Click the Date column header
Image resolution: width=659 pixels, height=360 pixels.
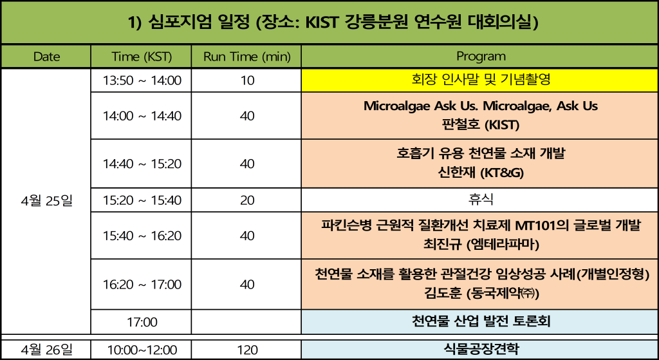[46, 57]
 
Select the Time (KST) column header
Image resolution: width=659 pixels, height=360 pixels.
[142, 57]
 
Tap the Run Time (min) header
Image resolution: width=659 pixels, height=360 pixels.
[246, 57]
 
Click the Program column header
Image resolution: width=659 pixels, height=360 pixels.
[481, 56]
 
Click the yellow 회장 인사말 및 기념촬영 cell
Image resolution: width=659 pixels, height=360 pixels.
[480, 80]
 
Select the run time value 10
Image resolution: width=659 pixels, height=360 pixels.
[248, 81]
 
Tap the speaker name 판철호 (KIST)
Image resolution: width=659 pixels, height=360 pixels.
[481, 125]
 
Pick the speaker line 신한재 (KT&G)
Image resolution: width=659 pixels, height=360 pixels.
[481, 173]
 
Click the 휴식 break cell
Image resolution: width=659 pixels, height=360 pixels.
[480, 200]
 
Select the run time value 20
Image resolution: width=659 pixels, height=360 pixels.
[248, 200]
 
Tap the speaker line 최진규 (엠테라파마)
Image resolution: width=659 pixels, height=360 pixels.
[481, 244]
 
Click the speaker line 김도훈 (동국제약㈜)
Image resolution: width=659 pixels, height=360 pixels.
[481, 294]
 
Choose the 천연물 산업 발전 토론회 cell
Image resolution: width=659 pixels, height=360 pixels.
[480, 322]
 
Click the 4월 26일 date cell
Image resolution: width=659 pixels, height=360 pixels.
[46, 350]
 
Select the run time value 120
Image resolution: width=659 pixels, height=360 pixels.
[247, 350]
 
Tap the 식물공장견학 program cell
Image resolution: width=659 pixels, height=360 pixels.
[481, 349]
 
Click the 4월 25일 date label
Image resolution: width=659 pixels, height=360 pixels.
[46, 200]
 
